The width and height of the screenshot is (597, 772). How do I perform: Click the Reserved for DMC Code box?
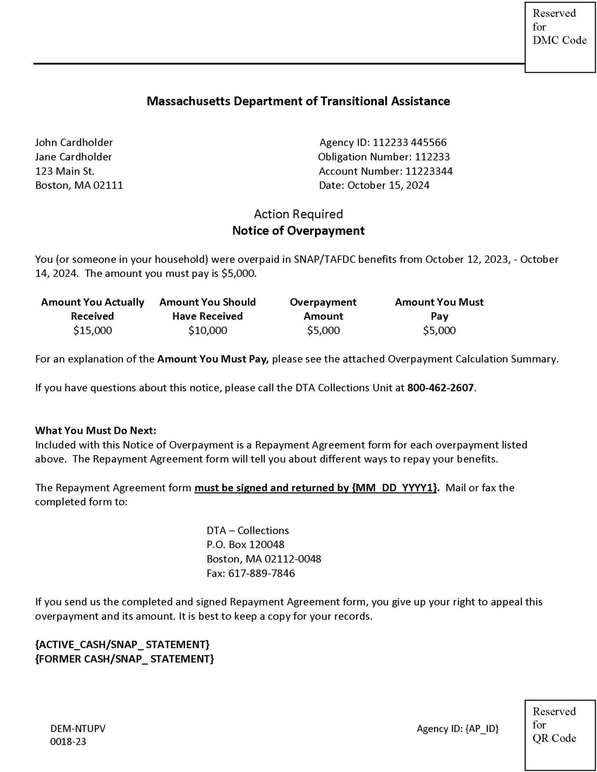(559, 37)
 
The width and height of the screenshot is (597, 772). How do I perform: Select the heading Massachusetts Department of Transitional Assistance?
(298, 101)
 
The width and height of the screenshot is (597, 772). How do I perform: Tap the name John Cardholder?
(74, 142)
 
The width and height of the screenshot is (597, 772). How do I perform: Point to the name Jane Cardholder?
(73, 157)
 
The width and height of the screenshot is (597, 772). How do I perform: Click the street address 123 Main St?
(65, 171)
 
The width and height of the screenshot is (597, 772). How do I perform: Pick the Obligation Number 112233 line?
(384, 157)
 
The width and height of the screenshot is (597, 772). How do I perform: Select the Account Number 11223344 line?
(385, 171)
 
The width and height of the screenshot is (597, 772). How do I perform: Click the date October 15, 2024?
(388, 186)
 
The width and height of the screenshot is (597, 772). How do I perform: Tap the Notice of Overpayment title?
(298, 231)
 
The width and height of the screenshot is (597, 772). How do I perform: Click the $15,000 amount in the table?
(92, 330)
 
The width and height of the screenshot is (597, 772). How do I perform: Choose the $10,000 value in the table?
(208, 330)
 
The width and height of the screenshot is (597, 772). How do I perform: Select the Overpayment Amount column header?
(323, 309)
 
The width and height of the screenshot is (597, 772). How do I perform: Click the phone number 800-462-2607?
(441, 388)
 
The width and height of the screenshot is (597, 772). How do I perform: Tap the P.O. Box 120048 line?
(246, 544)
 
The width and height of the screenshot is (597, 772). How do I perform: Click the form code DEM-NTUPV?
(78, 729)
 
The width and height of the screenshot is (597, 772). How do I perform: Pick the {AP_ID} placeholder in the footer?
(482, 729)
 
